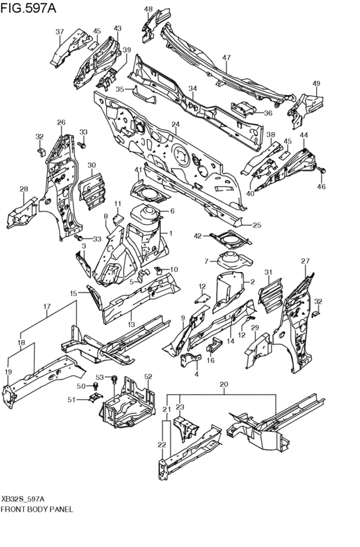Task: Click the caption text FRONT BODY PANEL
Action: click(x=36, y=508)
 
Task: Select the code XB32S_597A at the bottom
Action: click(x=23, y=499)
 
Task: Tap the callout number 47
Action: click(x=226, y=58)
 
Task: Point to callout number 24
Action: click(x=174, y=124)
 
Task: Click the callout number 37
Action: click(x=59, y=32)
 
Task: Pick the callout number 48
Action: click(x=148, y=9)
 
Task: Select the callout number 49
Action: click(x=316, y=84)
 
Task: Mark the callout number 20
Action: click(x=223, y=385)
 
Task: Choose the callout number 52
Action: click(x=147, y=377)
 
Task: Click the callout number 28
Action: click(x=24, y=189)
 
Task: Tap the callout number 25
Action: click(x=256, y=225)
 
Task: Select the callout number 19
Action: click(x=8, y=372)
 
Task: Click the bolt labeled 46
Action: click(x=322, y=170)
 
